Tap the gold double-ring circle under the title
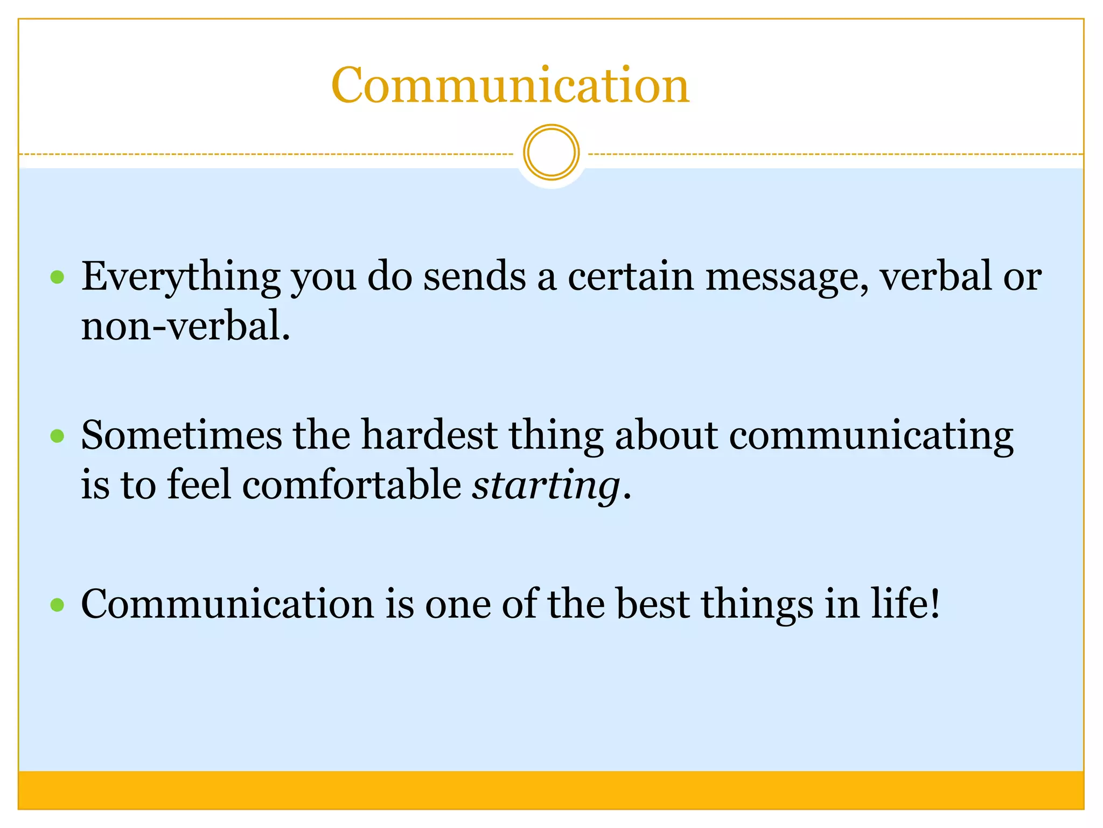551,153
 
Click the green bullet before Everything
57,278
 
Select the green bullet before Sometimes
57,436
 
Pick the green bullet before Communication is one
57,605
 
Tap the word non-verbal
185,327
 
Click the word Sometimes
181,435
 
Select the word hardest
429,435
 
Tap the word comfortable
352,485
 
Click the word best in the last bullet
652,604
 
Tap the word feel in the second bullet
199,485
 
